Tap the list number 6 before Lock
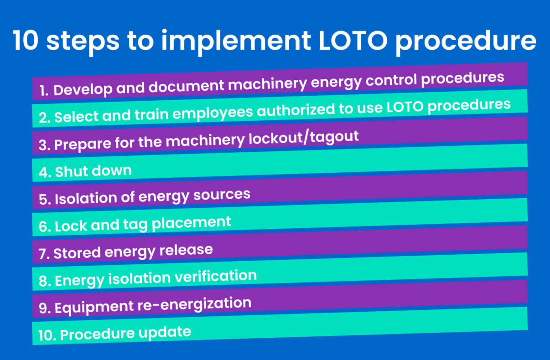click(44, 227)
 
